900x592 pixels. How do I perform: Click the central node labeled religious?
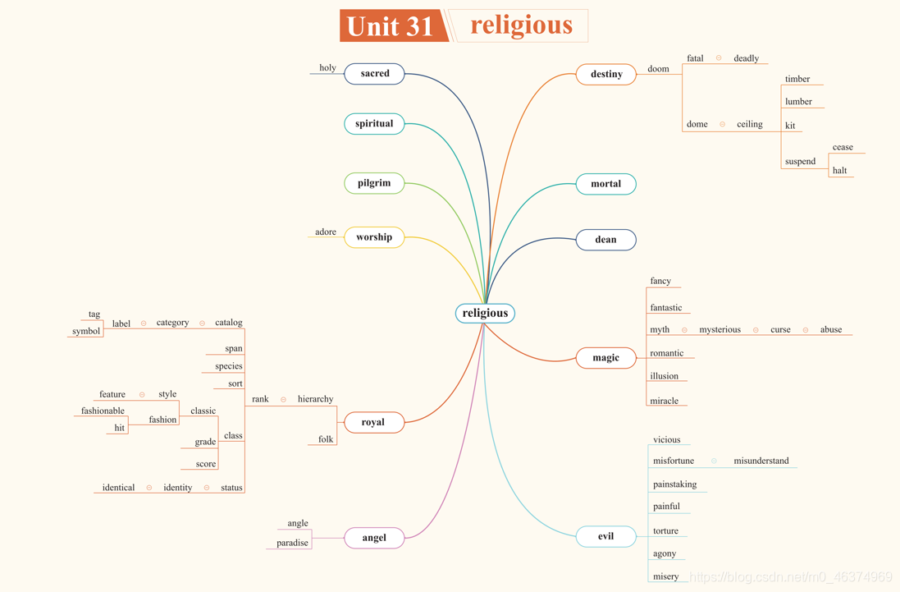(485, 313)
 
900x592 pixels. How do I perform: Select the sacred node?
(374, 74)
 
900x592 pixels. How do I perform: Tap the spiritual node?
(374, 124)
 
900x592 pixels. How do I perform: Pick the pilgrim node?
(374, 183)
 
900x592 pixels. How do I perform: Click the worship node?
(374, 237)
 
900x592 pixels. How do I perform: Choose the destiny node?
(606, 75)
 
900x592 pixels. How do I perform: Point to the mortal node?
(606, 184)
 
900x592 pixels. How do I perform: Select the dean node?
(606, 240)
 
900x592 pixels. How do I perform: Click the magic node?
(606, 358)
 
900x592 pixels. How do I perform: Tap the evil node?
(606, 536)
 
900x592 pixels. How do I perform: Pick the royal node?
(373, 422)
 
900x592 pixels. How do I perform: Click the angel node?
(374, 538)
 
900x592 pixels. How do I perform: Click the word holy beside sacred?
(327, 68)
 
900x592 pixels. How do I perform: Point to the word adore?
(326, 232)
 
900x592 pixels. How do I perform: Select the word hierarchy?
(315, 399)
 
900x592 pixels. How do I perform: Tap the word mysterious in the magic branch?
(720, 330)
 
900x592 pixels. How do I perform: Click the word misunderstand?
(761, 461)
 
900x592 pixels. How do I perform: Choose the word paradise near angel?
(292, 544)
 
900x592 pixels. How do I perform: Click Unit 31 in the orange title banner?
(391, 26)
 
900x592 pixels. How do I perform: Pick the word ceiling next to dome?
(749, 125)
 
